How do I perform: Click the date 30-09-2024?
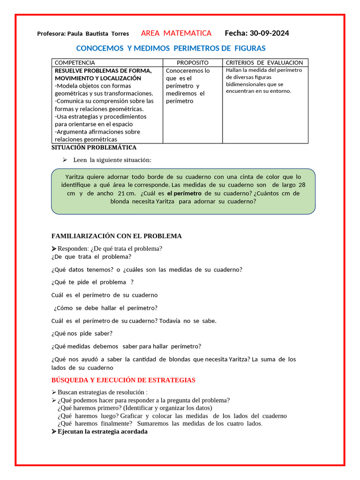click(x=269, y=33)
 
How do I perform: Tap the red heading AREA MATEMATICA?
click(x=176, y=33)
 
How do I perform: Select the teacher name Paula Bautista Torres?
click(x=98, y=34)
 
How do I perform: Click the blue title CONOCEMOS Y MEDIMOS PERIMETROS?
click(x=171, y=48)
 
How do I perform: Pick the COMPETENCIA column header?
click(x=75, y=62)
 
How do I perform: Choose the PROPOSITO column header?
click(x=192, y=62)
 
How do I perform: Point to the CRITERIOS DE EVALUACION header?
click(x=264, y=62)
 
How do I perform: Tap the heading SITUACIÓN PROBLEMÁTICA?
click(x=94, y=148)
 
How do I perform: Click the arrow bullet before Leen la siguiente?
click(x=66, y=160)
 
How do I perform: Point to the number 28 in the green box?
click(x=301, y=185)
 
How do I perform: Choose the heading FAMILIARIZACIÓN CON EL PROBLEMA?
click(x=116, y=236)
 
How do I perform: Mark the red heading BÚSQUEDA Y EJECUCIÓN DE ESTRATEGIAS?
click(x=123, y=380)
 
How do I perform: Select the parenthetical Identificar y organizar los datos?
click(x=168, y=408)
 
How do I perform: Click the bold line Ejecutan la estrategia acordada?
click(x=103, y=431)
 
